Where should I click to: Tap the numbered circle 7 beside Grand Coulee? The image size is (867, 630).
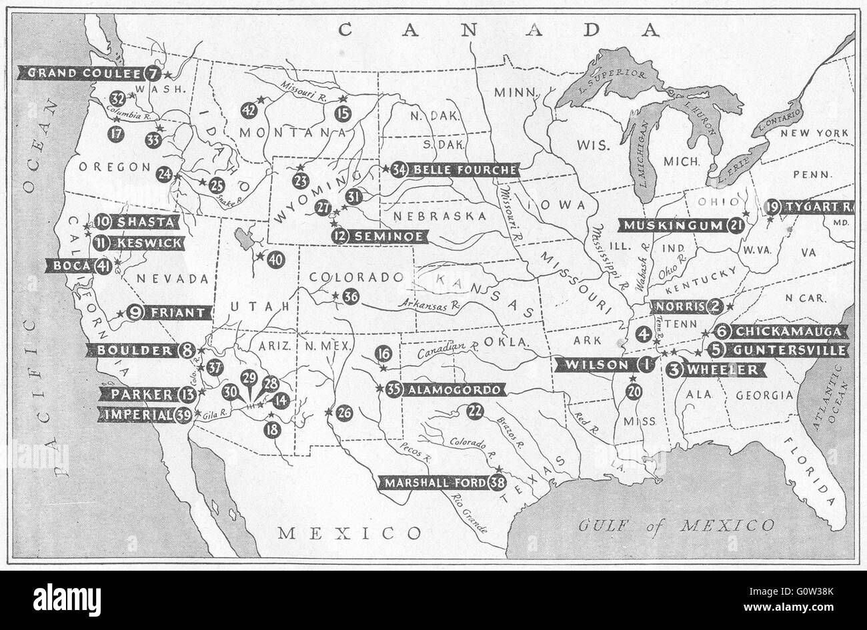point(153,73)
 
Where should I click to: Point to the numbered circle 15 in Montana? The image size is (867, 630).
point(343,113)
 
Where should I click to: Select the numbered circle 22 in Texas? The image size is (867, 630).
point(475,411)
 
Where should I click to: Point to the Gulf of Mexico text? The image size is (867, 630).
point(676,525)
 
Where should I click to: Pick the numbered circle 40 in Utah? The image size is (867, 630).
point(276,259)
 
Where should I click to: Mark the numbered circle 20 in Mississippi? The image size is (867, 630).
point(634,392)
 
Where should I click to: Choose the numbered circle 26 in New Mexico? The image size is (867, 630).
point(344,413)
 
